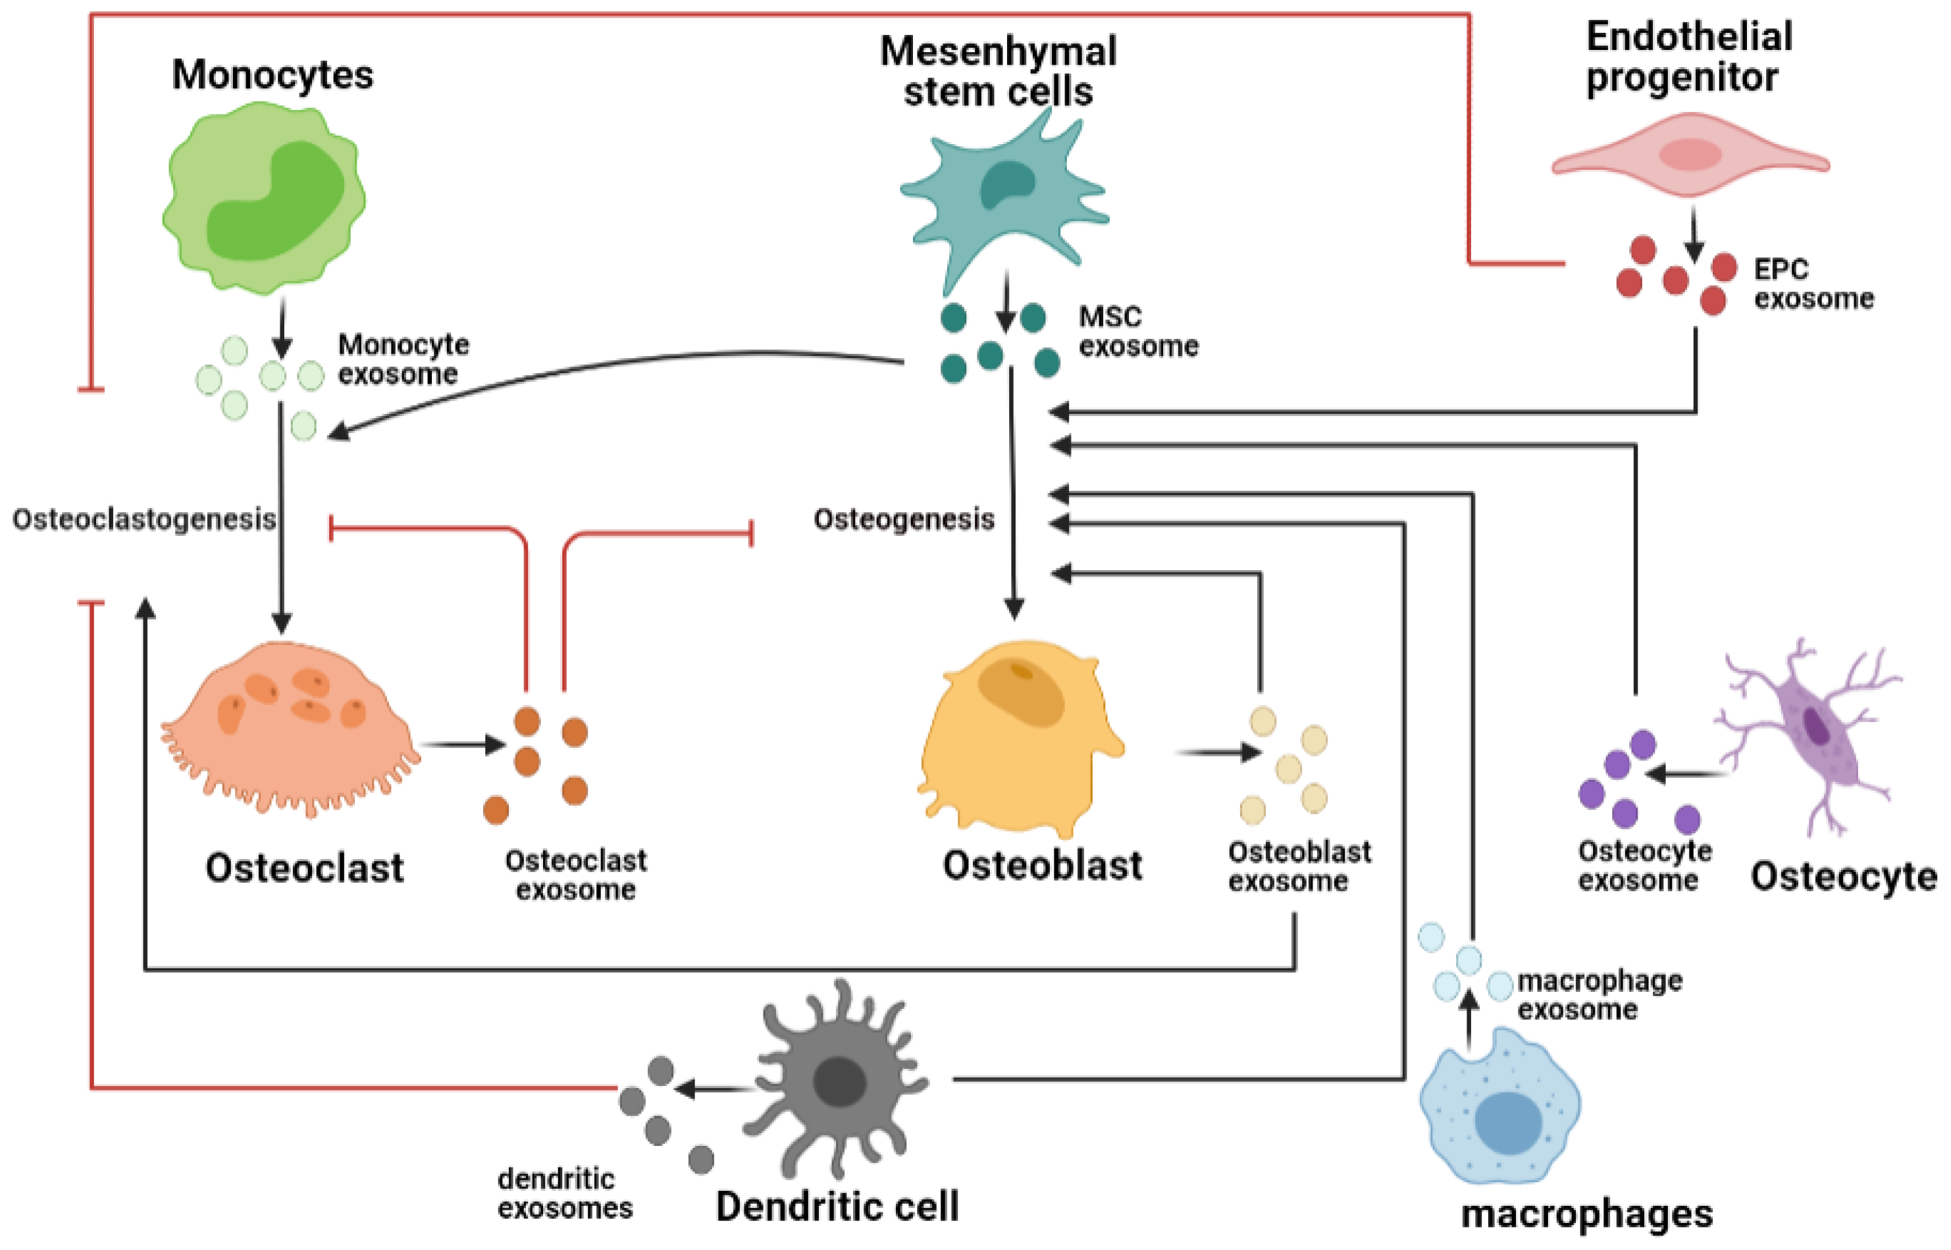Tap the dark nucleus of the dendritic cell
pos(839,1082)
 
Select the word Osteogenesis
pos(903,519)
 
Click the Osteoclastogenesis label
pos(143,519)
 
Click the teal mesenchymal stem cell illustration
pos(1004,195)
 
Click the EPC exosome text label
pos(1811,284)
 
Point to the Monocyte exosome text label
pos(403,359)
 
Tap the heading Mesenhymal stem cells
pos(999,72)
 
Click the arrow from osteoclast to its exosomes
pos(463,744)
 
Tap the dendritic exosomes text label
pos(565,1193)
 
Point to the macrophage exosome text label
pos(1599,995)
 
